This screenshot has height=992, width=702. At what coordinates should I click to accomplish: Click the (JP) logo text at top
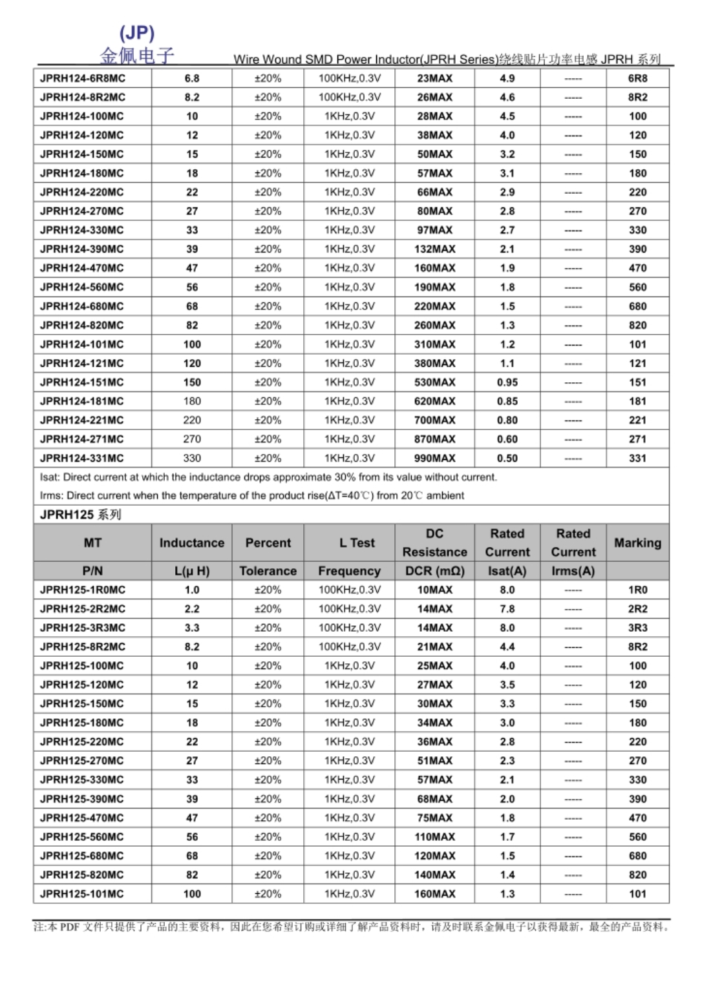(x=137, y=33)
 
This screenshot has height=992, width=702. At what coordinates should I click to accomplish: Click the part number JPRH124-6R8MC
(x=83, y=78)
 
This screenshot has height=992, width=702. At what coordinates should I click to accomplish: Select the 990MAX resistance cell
(x=434, y=458)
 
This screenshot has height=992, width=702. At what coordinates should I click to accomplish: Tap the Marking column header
(x=637, y=542)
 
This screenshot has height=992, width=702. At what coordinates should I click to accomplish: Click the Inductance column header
(x=191, y=542)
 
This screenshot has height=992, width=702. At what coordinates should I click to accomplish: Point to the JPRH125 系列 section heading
(x=81, y=515)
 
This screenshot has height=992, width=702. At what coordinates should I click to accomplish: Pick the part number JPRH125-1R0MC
(x=83, y=590)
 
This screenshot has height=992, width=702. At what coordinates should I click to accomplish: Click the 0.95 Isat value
(x=507, y=382)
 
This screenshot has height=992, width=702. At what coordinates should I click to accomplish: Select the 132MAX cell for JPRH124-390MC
(x=434, y=249)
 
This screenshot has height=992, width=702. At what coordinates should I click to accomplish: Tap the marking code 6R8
(x=637, y=78)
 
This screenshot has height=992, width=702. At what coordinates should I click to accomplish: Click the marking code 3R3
(x=637, y=628)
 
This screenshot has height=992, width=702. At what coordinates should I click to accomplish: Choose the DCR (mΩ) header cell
(x=434, y=571)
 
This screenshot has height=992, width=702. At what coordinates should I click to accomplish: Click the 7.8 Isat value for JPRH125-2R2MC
(x=507, y=609)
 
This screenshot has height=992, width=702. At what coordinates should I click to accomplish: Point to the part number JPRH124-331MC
(x=82, y=458)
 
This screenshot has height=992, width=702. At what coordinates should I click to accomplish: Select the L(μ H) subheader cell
(x=191, y=571)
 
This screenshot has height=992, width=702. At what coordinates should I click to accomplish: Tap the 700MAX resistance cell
(x=434, y=420)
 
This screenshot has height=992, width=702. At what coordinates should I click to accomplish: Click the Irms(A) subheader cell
(x=573, y=571)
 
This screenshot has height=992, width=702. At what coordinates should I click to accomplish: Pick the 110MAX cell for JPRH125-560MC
(x=434, y=837)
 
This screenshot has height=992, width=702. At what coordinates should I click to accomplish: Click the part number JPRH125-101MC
(x=82, y=894)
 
